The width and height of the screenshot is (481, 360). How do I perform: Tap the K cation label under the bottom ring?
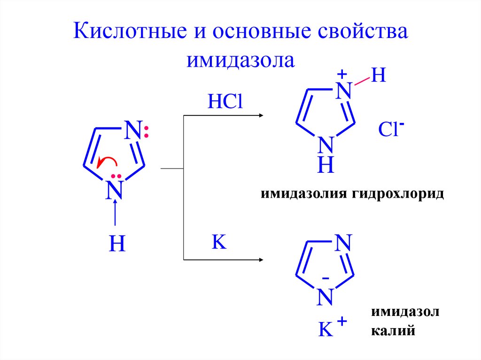326,329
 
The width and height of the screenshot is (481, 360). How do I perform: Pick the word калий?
393,331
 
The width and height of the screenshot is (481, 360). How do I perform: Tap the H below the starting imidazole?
116,245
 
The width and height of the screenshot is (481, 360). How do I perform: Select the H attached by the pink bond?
378,76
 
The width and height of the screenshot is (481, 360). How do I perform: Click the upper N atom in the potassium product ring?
343,243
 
